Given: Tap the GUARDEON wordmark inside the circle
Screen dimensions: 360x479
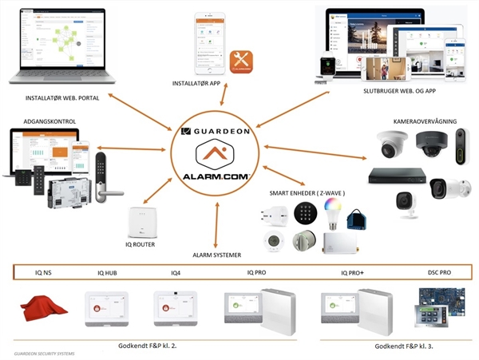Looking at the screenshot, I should coord(217,131).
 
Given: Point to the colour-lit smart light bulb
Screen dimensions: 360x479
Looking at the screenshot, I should coord(331,211).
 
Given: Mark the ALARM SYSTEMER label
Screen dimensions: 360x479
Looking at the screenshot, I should coord(216,255).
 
